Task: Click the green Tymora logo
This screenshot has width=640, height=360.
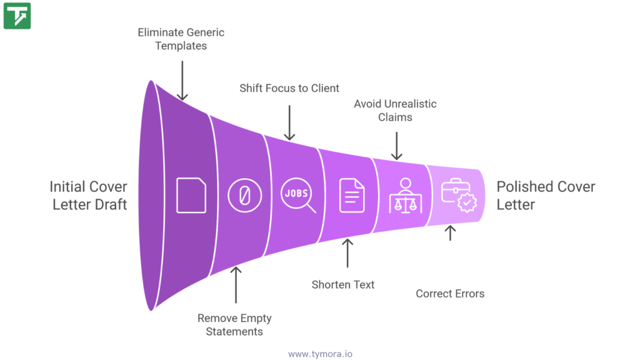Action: (x=17, y=16)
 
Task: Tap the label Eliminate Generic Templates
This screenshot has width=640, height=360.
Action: (x=181, y=39)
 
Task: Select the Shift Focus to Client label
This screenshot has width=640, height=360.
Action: (x=289, y=88)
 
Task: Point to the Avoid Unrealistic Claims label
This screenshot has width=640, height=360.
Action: (x=395, y=110)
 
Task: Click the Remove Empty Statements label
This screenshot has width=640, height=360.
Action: (x=234, y=324)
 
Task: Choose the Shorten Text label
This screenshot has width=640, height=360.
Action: (x=343, y=284)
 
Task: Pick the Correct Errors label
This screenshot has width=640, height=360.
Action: (x=450, y=293)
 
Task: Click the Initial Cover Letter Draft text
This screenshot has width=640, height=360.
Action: (x=88, y=195)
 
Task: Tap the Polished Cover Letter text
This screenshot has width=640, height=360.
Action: (x=546, y=195)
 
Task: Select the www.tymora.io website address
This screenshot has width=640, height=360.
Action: (x=320, y=354)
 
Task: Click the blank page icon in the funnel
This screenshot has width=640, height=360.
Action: (x=191, y=195)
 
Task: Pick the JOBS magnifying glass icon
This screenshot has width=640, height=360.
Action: (x=297, y=195)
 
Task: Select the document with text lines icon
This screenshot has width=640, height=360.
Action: (x=351, y=195)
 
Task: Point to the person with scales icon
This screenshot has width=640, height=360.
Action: (x=405, y=195)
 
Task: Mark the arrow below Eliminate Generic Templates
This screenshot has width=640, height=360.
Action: (x=182, y=80)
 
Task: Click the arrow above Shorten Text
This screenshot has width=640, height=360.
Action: (x=348, y=252)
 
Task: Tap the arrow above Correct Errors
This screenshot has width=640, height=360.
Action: (x=450, y=233)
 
